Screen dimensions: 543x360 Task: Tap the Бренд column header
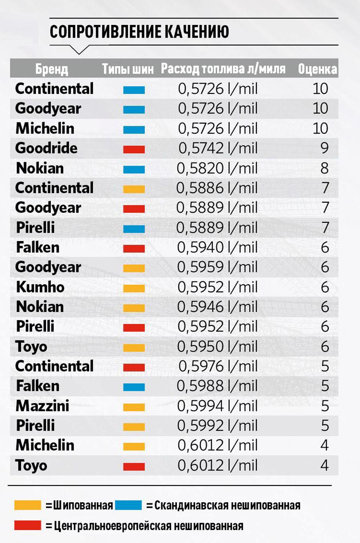point(52,69)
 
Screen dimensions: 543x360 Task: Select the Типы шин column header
point(128,69)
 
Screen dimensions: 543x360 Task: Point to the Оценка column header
point(318,69)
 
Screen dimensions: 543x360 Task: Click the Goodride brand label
point(46,148)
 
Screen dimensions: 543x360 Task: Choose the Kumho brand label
point(40,287)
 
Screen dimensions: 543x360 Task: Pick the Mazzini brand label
point(42,406)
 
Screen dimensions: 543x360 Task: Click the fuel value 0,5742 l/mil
point(218,148)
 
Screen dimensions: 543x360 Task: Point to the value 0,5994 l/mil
point(218,406)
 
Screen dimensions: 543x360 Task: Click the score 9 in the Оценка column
point(324,148)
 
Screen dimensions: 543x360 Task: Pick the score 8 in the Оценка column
point(324,168)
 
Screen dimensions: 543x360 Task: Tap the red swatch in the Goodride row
point(134,150)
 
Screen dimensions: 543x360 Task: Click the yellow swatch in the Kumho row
point(134,288)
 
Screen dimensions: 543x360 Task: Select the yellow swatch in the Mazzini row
point(134,407)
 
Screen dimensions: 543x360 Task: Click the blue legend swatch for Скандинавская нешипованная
point(128,505)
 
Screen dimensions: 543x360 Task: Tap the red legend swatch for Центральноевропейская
point(28,525)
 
